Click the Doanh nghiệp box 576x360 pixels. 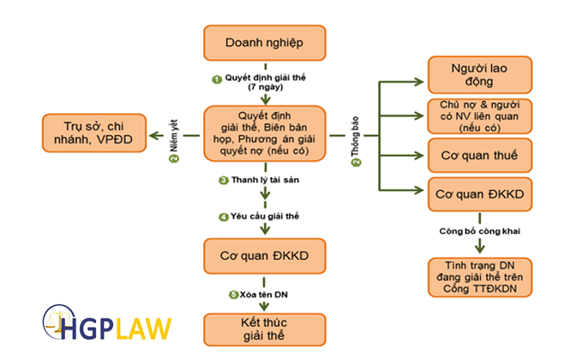pyautogui.click(x=264, y=42)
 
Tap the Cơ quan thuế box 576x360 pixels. pyautogui.click(x=480, y=154)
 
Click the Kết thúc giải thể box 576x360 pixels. pyautogui.click(x=264, y=328)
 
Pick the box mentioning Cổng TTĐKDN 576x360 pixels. pyautogui.click(x=480, y=277)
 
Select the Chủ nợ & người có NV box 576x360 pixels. pyautogui.click(x=480, y=115)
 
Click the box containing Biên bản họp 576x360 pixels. pyautogui.click(x=264, y=134)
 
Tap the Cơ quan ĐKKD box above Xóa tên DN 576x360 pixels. pyautogui.click(x=264, y=255)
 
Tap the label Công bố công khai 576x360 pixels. pyautogui.click(x=480, y=231)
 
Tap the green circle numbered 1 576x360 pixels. pyautogui.click(x=216, y=78)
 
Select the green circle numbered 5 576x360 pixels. pyautogui.click(x=233, y=294)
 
